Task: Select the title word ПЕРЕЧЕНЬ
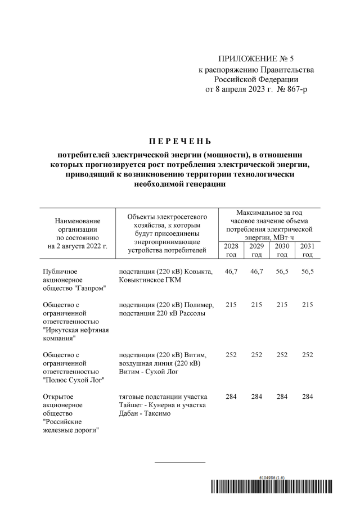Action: [x=181, y=140]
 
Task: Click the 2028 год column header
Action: [x=231, y=250]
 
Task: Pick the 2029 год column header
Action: [x=256, y=250]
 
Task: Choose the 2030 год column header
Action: [x=282, y=250]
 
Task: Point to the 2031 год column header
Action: [x=307, y=250]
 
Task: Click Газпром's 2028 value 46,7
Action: [x=231, y=271]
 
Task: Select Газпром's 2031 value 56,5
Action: [x=307, y=271]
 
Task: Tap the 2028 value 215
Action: [x=231, y=304]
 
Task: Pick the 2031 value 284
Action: [x=307, y=397]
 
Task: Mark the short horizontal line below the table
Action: [x=180, y=462]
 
